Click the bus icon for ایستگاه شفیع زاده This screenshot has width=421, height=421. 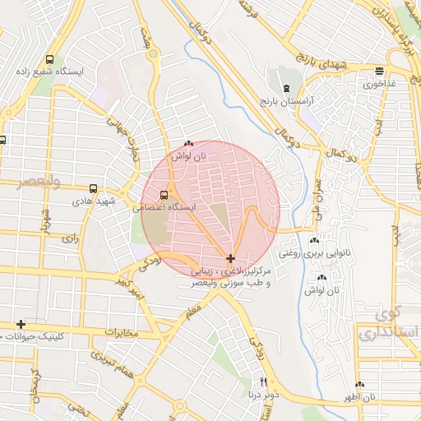(x=50, y=60)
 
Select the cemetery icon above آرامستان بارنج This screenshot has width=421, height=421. (x=285, y=88)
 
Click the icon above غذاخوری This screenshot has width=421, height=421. (x=378, y=71)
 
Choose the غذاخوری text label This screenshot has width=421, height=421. (x=378, y=83)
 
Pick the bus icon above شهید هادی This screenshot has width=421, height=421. (x=93, y=187)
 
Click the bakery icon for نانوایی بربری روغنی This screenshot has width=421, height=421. (x=313, y=241)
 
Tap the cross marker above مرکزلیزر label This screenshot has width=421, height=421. (x=229, y=258)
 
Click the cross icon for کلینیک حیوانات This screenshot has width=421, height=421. (x=21, y=324)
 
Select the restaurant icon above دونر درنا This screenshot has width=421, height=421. (x=264, y=382)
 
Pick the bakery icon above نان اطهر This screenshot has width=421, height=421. (x=359, y=385)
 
